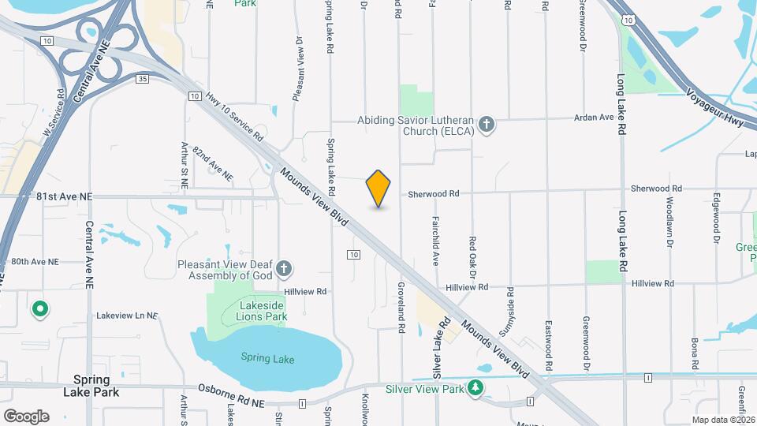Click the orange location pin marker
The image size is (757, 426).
pos(378,189)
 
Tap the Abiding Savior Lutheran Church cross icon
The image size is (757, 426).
pos(487,124)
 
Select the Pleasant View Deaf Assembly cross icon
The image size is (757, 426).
pos(284,270)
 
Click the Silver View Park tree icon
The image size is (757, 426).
pos(475,388)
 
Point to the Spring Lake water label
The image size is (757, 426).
pos(267,359)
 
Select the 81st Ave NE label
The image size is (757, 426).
pos(65,196)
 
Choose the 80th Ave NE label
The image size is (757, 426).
pos(34,261)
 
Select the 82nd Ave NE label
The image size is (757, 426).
pos(212,164)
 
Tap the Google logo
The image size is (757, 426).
pos(26,416)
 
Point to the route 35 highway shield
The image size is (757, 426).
pos(142,79)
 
